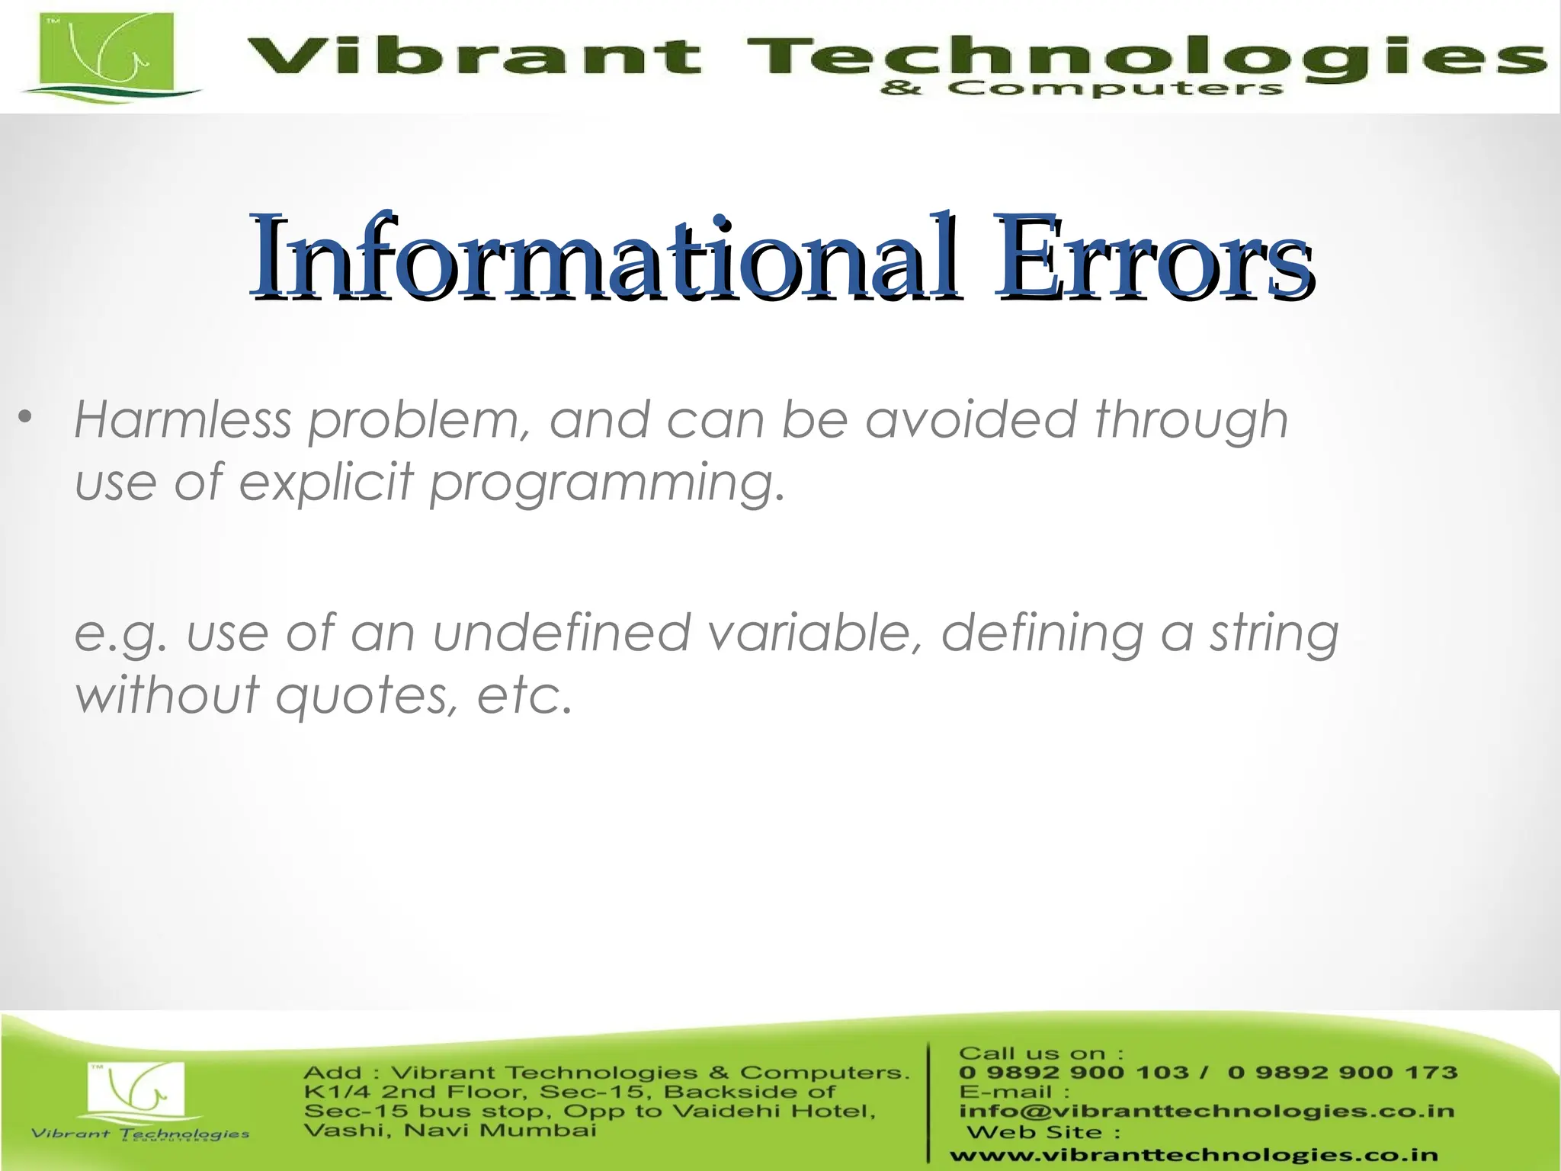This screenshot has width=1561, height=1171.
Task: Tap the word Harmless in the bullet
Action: [183, 420]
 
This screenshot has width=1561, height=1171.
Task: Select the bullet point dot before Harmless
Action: [26, 418]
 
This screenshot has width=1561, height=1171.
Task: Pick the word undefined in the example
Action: [561, 634]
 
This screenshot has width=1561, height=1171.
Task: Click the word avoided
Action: [971, 420]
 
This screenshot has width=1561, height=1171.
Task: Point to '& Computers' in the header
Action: [1082, 89]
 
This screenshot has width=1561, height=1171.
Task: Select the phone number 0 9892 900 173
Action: [1341, 1073]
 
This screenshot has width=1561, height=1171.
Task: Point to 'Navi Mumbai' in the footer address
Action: [500, 1130]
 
